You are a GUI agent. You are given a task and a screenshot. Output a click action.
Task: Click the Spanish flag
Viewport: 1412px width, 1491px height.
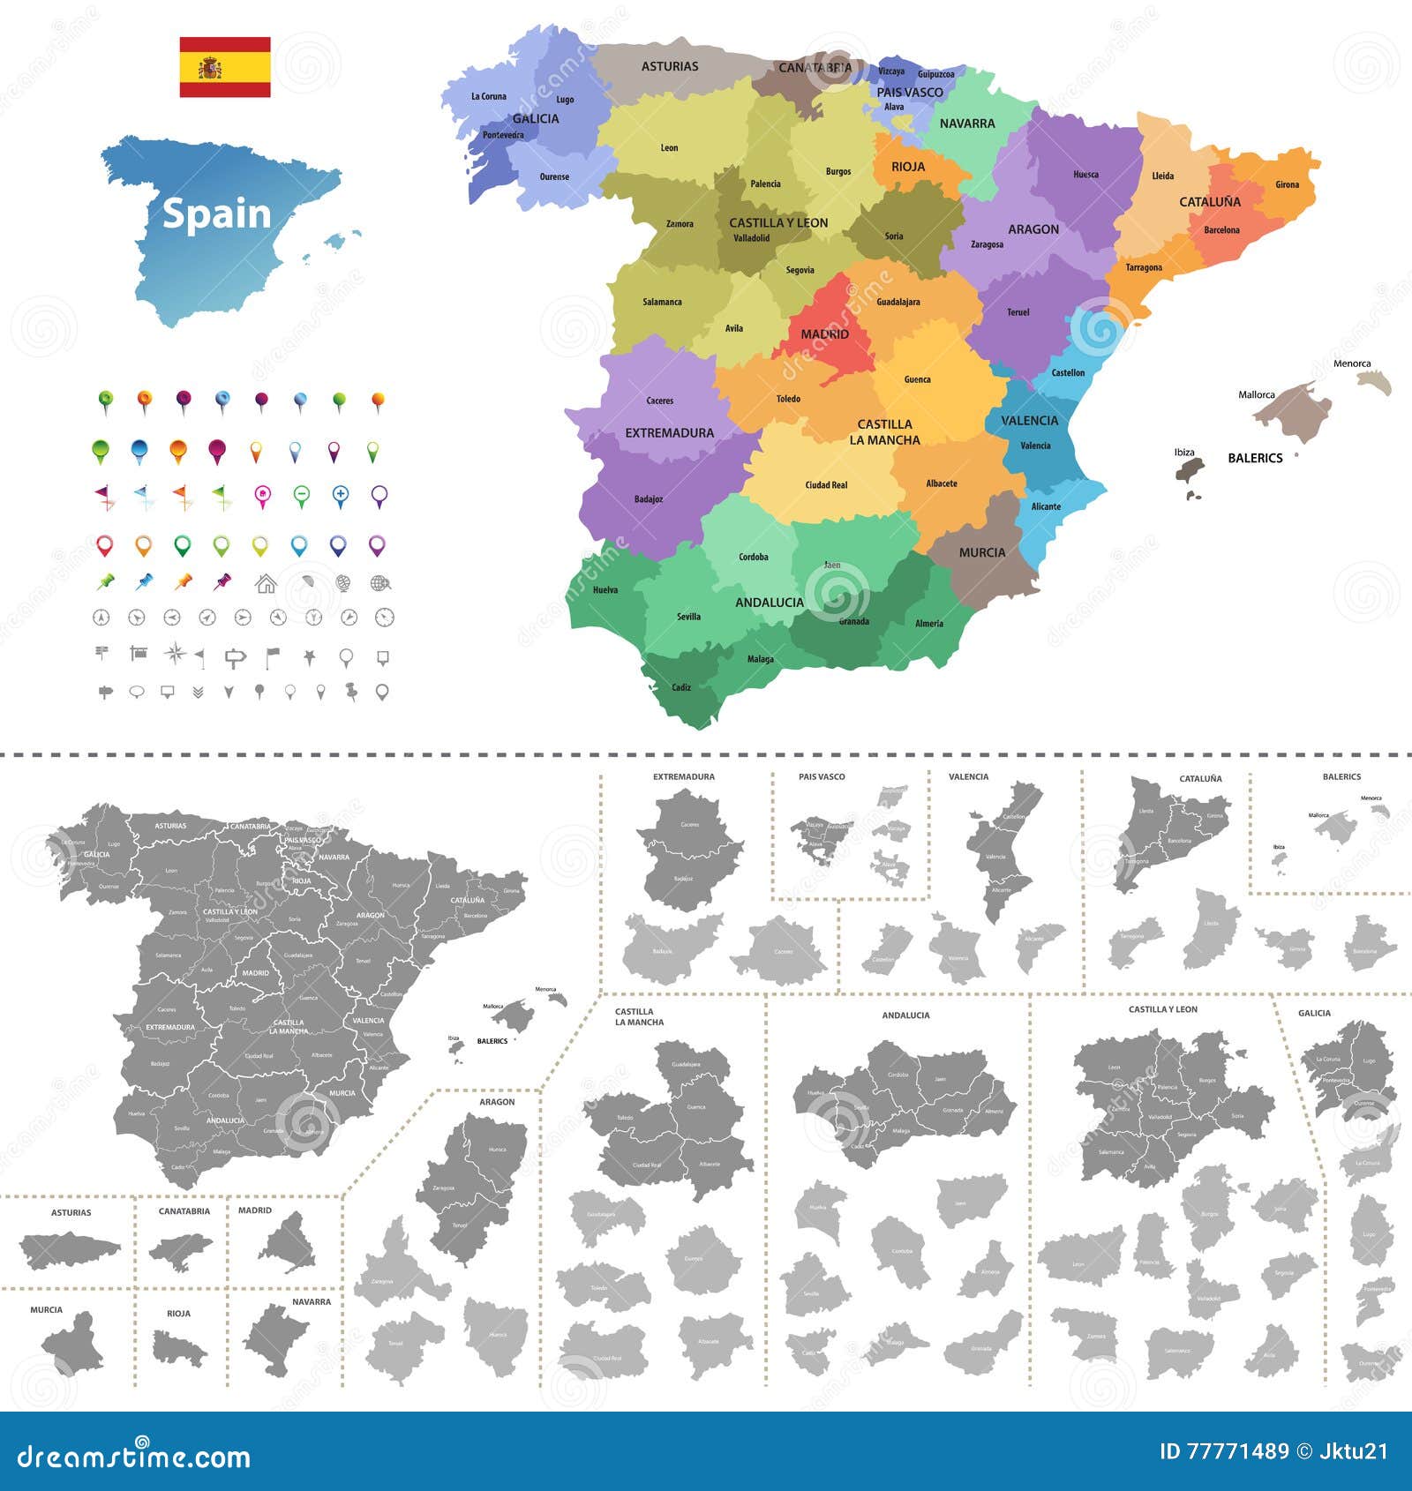pos(225,67)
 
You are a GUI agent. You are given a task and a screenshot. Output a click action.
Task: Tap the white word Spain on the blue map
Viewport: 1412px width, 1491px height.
pos(216,214)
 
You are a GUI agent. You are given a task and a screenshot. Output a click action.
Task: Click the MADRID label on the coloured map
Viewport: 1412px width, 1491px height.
pos(824,334)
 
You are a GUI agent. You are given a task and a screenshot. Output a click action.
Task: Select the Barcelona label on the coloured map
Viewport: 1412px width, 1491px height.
pos(1221,230)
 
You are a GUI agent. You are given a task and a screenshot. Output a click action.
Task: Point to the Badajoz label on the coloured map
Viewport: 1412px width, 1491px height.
pos(649,499)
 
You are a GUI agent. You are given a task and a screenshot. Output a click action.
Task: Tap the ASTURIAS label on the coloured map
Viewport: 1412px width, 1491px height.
pos(670,66)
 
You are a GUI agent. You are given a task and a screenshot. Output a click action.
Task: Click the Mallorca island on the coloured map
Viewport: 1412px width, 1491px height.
pos(1296,411)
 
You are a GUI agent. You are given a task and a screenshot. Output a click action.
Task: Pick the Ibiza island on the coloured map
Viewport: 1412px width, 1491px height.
pos(1190,468)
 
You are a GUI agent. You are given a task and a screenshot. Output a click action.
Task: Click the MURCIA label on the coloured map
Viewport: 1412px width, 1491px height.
pos(981,552)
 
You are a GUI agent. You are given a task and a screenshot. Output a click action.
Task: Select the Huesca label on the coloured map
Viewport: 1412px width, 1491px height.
pos(1085,175)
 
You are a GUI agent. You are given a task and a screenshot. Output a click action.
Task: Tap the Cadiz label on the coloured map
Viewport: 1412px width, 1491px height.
pos(681,687)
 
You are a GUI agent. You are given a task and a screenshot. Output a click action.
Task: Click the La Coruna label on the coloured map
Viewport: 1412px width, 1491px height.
pos(489,97)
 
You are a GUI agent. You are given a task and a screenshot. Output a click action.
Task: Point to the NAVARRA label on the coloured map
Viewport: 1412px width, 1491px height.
pos(967,124)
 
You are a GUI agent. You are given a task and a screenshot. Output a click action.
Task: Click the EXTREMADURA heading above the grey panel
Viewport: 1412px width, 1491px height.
pos(684,777)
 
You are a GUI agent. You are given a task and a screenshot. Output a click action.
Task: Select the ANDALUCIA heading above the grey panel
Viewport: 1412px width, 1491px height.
pos(905,1015)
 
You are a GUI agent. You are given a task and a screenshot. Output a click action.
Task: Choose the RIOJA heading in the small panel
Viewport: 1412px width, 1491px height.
pos(178,1314)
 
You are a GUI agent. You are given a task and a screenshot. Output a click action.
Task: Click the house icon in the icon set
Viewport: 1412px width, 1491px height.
pos(265,583)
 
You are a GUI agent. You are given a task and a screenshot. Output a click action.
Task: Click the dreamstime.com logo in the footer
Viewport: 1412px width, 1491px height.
pos(134,1456)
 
